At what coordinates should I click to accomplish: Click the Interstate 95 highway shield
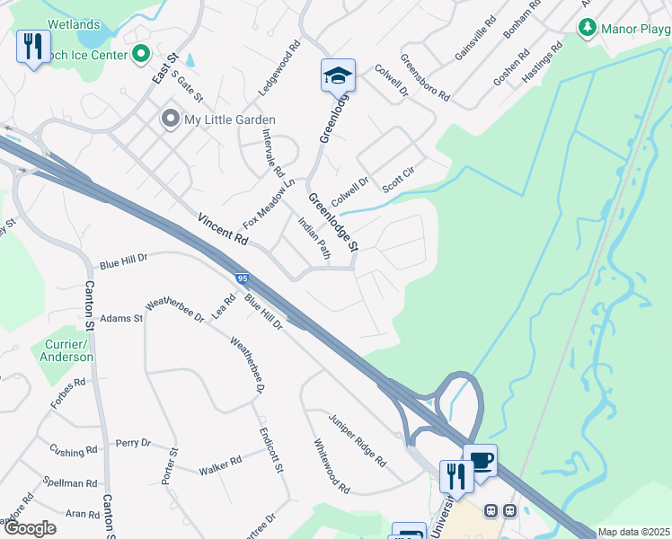click(242, 279)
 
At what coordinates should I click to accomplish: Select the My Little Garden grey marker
click(169, 119)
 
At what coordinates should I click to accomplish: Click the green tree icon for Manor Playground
click(586, 28)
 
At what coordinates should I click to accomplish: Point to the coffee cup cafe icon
click(481, 461)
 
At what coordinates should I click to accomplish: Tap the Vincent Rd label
click(222, 229)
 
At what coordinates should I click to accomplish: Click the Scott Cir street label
click(397, 183)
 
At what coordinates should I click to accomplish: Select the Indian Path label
click(315, 241)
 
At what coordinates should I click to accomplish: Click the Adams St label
click(121, 318)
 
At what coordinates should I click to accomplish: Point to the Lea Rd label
click(224, 306)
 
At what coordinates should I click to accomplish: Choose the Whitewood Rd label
click(332, 465)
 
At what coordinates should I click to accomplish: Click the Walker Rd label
click(220, 465)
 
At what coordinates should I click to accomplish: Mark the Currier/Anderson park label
click(66, 350)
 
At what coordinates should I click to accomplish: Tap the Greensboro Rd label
click(425, 77)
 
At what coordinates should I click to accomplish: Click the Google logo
click(30, 527)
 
